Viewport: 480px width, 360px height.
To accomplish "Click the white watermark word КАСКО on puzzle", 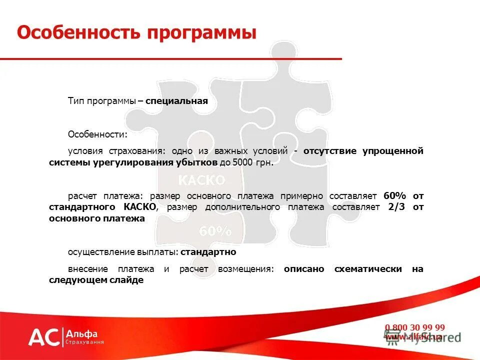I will (202, 180).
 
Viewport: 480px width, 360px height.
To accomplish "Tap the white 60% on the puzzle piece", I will (215, 231).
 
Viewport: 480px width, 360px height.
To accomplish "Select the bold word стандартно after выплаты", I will (208, 252).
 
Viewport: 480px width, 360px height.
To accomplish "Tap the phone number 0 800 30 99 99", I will (414, 327).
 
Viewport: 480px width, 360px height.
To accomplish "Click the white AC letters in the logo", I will (43, 337).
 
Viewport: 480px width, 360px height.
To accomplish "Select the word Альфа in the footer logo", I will (82, 333).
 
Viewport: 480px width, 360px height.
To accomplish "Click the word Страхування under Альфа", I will (85, 342).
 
